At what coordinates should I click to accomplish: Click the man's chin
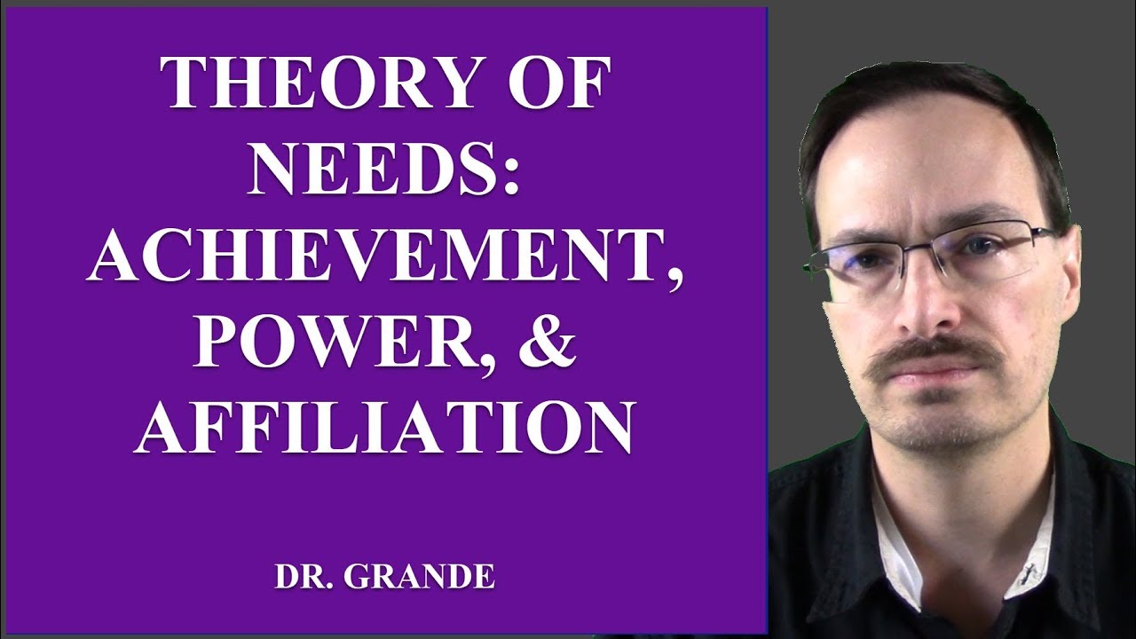(x=941, y=426)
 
